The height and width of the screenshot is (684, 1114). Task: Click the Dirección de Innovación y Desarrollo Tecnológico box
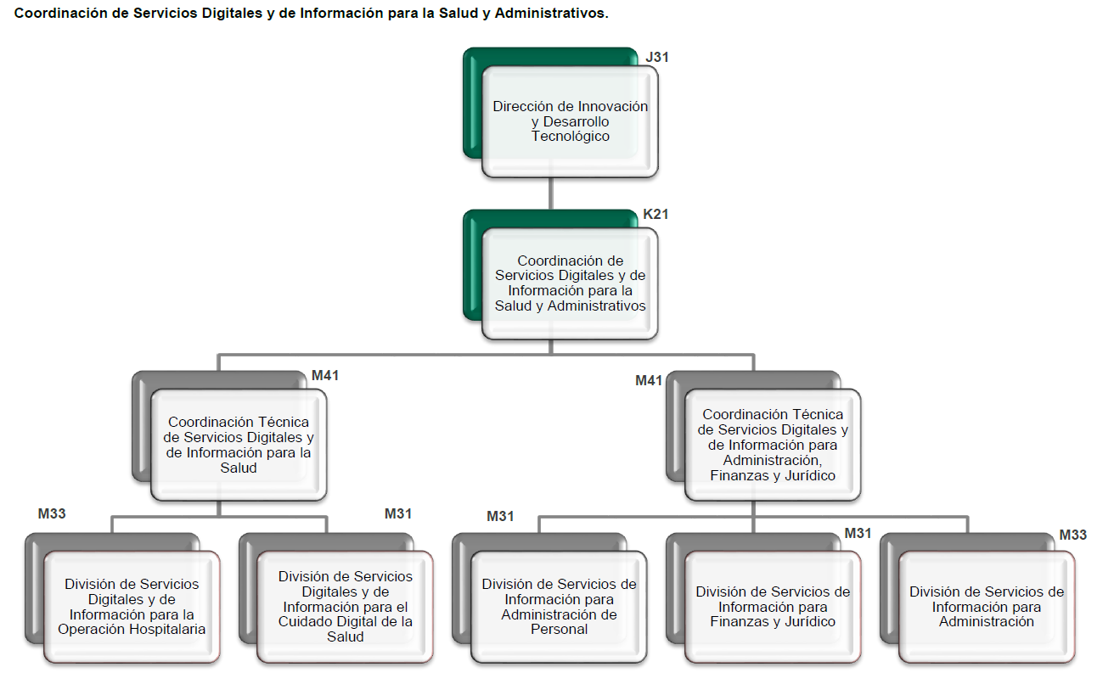(x=570, y=121)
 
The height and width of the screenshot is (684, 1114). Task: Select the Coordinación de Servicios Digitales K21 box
(x=570, y=283)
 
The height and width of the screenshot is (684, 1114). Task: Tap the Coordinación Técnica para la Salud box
(x=239, y=445)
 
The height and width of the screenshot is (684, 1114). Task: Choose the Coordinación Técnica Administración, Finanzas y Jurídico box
(x=773, y=445)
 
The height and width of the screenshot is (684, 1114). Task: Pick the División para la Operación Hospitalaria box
(x=132, y=607)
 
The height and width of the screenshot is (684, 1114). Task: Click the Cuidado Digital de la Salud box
(x=345, y=607)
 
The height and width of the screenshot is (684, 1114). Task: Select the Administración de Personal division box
(x=559, y=607)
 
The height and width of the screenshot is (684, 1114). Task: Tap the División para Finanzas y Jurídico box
(x=773, y=607)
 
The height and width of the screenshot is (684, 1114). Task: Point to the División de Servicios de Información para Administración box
(x=987, y=607)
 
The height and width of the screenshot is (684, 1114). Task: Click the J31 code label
(x=657, y=57)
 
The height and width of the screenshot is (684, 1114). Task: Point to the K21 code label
(x=655, y=214)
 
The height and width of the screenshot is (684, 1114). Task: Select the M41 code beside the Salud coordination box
(x=325, y=375)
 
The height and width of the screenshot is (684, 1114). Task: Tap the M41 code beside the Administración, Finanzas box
(x=649, y=381)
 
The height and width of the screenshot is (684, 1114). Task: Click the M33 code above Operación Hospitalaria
(x=52, y=513)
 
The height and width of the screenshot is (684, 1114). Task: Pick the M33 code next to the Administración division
(x=1072, y=535)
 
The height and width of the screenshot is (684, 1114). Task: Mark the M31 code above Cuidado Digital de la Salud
(x=398, y=513)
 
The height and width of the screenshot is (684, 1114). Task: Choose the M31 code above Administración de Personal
(x=500, y=517)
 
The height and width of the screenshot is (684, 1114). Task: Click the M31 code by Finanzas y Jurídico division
(x=858, y=534)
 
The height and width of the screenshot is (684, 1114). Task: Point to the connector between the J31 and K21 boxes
(x=551, y=193)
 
